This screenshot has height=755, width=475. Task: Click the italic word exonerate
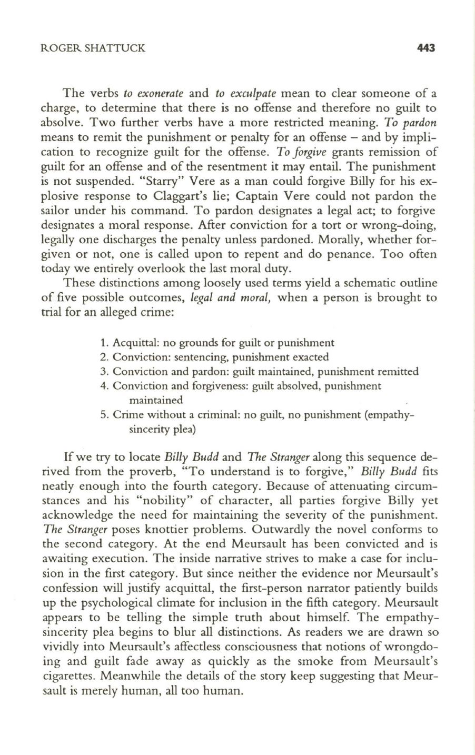[x=153, y=94]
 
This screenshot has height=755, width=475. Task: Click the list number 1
[x=103, y=343]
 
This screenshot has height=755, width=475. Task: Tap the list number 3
[x=103, y=372]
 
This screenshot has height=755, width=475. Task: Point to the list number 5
[x=103, y=415]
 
